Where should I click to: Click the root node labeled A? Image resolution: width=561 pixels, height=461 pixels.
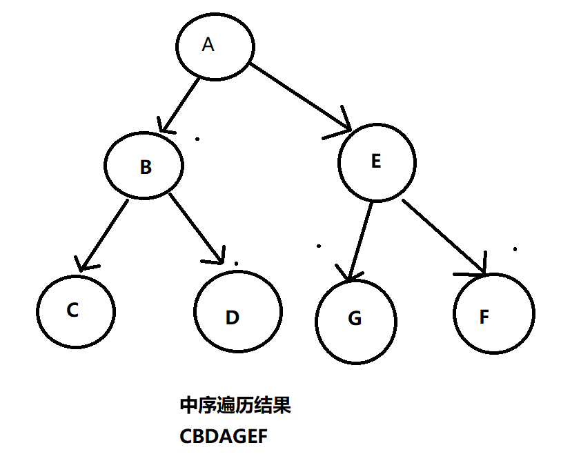215,46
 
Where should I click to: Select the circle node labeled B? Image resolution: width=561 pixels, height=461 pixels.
145,167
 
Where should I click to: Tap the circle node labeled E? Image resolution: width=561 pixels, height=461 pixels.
377,163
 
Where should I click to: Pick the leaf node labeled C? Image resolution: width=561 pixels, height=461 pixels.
75,311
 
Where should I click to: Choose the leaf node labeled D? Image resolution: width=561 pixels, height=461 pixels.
238,313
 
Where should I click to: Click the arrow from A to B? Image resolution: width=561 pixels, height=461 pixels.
180,104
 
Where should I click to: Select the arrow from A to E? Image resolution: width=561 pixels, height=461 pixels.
300,96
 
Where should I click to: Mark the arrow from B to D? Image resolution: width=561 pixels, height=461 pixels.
196,229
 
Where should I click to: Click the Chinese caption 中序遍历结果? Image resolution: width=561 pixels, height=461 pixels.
235,405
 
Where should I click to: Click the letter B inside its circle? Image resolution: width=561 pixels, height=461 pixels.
145,168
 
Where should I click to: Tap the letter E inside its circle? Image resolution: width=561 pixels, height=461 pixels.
376,161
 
